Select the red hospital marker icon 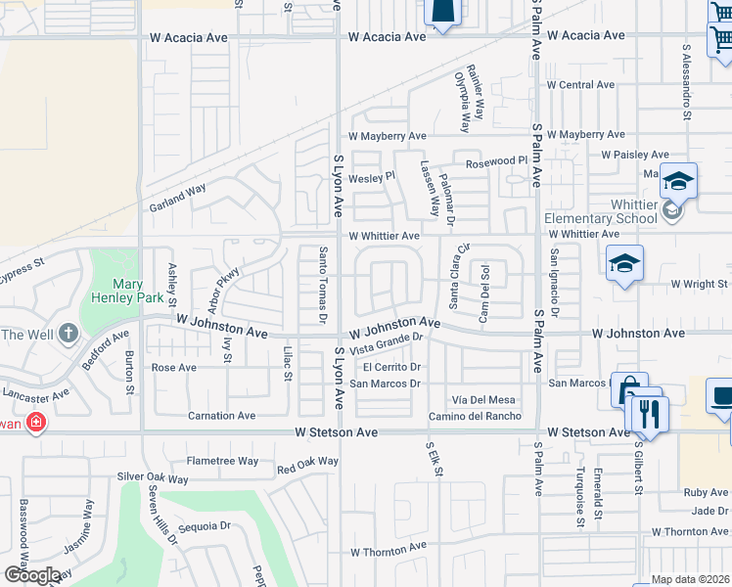click(x=35, y=423)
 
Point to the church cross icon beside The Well click(x=68, y=335)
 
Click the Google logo click(x=32, y=574)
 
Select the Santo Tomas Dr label click(x=322, y=284)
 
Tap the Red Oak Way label click(x=307, y=461)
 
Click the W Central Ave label click(x=580, y=85)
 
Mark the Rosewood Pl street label click(x=496, y=162)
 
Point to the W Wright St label click(x=702, y=284)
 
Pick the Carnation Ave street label click(x=222, y=416)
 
